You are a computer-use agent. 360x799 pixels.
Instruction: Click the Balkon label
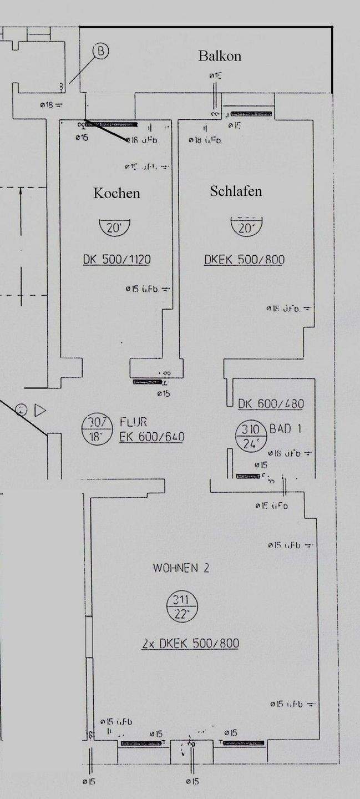point(220,56)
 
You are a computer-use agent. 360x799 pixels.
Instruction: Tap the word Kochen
point(116,193)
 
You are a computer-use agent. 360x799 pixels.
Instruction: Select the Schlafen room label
point(236,191)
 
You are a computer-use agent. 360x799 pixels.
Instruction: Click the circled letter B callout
point(100,52)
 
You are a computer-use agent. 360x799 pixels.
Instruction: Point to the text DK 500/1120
point(116,259)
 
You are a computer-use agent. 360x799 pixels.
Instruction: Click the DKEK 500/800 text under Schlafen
point(245,259)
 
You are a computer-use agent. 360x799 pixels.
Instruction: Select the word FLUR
point(133,423)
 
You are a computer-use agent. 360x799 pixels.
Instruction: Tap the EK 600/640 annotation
point(151,437)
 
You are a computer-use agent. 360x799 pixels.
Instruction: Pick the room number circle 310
point(247,436)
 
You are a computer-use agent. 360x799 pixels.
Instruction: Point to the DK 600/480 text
point(271,404)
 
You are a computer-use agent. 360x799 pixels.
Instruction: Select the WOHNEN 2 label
point(181,568)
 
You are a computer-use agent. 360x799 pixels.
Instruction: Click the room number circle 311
point(181,607)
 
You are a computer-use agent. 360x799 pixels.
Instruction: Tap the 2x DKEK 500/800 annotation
point(190,644)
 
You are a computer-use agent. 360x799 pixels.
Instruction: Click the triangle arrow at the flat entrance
point(39,411)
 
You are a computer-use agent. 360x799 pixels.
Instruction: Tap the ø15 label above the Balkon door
point(215,75)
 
